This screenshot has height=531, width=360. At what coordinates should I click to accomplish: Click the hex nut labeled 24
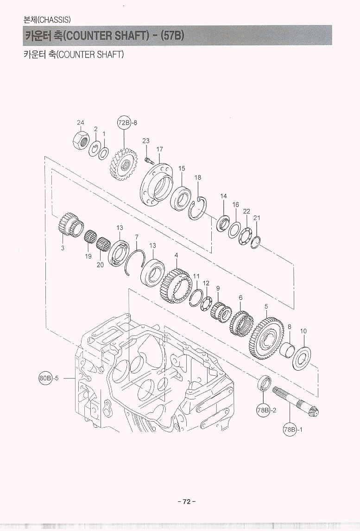click(81, 140)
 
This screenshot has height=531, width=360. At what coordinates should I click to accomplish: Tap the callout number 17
click(160, 149)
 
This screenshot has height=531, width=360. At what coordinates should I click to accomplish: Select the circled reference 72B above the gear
click(124, 123)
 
